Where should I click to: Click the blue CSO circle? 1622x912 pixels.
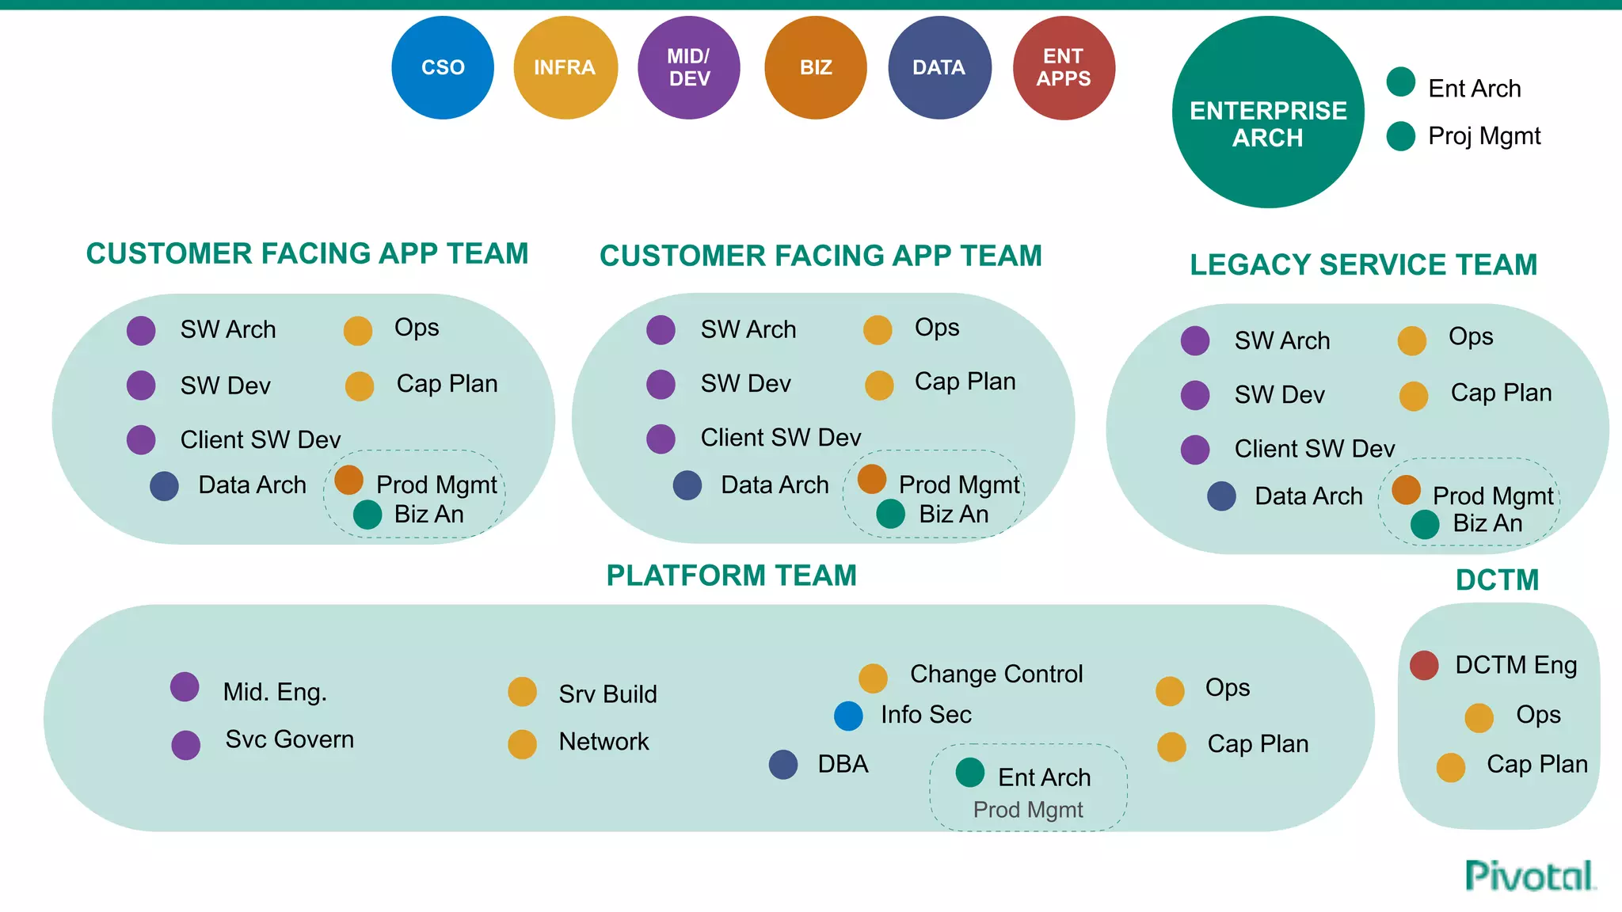(x=443, y=68)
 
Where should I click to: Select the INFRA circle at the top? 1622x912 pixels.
(x=565, y=68)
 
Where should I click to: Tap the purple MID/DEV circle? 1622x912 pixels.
(x=688, y=68)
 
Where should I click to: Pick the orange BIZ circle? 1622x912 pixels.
(x=815, y=68)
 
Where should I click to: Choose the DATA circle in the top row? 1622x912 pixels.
(x=939, y=68)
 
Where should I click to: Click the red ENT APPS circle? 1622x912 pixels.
(x=1064, y=68)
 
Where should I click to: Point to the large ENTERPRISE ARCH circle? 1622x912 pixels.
(x=1268, y=112)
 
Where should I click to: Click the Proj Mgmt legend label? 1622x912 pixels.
(x=1483, y=136)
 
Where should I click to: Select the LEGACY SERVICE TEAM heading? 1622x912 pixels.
(x=1363, y=264)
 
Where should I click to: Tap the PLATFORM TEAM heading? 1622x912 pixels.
(x=731, y=576)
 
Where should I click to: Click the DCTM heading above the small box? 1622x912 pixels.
(x=1497, y=580)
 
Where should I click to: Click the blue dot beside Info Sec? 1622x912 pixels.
(x=848, y=716)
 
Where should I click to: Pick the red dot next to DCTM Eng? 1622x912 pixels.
(x=1424, y=665)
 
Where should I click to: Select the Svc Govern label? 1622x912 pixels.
(x=289, y=739)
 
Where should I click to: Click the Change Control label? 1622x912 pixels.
(x=996, y=674)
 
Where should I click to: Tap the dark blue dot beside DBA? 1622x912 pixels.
(x=783, y=765)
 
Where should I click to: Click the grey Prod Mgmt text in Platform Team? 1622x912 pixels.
(x=1027, y=810)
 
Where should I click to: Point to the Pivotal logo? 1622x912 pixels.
(x=1529, y=876)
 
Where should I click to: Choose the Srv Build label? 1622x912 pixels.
(x=607, y=694)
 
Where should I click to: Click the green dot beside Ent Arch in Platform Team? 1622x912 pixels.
(x=970, y=773)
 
